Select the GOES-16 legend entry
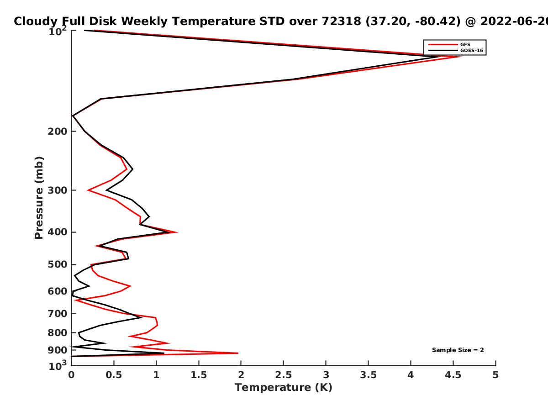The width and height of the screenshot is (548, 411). pyautogui.click(x=472, y=50)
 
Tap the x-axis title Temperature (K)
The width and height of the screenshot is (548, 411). pyautogui.click(x=283, y=388)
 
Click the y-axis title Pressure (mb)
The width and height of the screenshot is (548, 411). pyautogui.click(x=39, y=197)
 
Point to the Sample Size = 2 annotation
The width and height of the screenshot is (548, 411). pyautogui.click(x=458, y=350)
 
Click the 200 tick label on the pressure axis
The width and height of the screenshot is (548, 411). pyautogui.click(x=58, y=132)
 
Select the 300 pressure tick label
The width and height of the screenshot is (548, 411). pyautogui.click(x=58, y=190)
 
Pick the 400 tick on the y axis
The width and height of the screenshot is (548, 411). pyautogui.click(x=58, y=232)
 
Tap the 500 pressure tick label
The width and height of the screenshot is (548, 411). pyautogui.click(x=58, y=264)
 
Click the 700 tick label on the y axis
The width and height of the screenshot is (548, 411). pyautogui.click(x=58, y=313)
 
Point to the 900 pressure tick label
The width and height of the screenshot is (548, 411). pyautogui.click(x=58, y=350)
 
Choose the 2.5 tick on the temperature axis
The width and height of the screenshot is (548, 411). pyautogui.click(x=283, y=375)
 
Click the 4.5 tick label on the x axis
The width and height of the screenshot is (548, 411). pyautogui.click(x=453, y=375)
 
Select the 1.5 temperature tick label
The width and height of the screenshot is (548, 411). pyautogui.click(x=199, y=375)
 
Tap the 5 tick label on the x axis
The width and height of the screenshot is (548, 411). pyautogui.click(x=495, y=375)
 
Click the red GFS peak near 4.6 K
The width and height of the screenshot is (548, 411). pyautogui.click(x=461, y=56)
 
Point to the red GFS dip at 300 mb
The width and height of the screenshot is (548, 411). pyautogui.click(x=88, y=190)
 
